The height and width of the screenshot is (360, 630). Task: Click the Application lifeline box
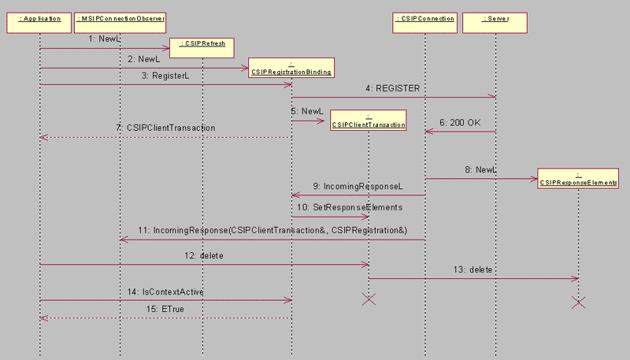(39, 18)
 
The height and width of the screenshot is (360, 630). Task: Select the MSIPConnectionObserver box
(120, 18)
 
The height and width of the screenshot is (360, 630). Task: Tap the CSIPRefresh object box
(202, 44)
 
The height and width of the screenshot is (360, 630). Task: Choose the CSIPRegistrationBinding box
(291, 68)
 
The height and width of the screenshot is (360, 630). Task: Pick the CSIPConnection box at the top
(424, 18)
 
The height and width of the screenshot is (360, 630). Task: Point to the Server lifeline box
(496, 18)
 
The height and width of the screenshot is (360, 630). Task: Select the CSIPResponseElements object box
(578, 178)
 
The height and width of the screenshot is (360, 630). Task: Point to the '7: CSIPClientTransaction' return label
(165, 128)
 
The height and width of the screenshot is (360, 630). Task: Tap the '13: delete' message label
(480, 269)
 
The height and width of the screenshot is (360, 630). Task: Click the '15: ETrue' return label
(166, 310)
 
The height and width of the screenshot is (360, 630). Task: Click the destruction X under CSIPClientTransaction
(369, 299)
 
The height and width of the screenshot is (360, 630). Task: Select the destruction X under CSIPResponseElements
(578, 302)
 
